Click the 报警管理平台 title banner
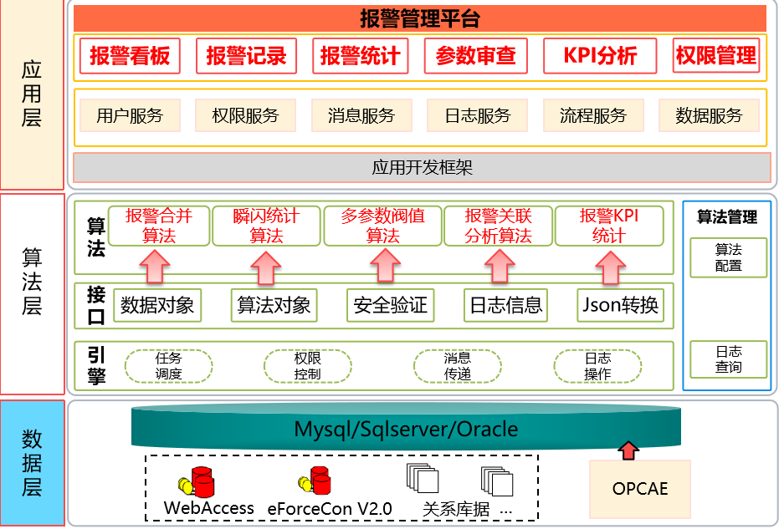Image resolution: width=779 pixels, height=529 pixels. click(420, 18)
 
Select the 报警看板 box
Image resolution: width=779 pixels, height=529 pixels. click(130, 56)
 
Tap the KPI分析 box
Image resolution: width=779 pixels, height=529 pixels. click(600, 56)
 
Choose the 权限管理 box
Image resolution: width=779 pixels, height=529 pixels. click(715, 56)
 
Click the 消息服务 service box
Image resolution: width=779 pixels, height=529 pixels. click(361, 116)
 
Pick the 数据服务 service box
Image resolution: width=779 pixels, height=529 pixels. click(709, 116)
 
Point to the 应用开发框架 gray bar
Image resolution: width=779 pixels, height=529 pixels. click(422, 168)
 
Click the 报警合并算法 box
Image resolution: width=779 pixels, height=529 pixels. click(159, 226)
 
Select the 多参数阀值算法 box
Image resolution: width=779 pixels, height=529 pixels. click(382, 226)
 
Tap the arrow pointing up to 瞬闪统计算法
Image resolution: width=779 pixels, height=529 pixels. click(266, 265)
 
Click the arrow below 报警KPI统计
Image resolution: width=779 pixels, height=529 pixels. click(610, 265)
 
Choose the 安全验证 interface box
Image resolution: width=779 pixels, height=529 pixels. click(390, 305)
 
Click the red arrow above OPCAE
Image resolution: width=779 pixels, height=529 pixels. click(627, 450)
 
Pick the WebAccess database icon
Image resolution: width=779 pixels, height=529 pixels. click(199, 482)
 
